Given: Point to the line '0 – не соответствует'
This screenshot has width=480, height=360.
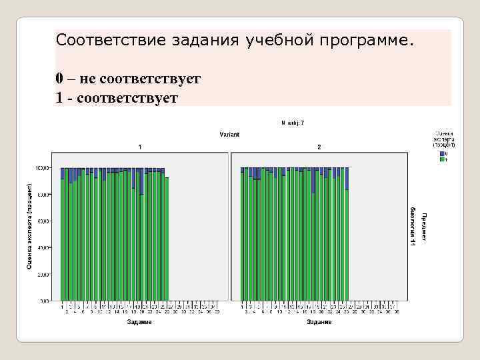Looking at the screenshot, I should pos(128,79).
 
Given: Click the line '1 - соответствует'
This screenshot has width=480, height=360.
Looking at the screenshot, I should pos(117,98).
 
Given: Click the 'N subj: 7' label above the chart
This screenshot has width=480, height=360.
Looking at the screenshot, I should pos(292,123).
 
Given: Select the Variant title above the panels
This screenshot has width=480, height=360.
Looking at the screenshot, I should pos(229,135).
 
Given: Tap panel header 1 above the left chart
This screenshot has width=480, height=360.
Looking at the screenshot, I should pos(139,146).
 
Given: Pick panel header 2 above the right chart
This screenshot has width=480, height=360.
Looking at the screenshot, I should pos(319,146).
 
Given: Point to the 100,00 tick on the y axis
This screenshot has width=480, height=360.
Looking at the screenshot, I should pos(42,168).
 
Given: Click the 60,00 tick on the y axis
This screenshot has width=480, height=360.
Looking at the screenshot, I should pos(43,221).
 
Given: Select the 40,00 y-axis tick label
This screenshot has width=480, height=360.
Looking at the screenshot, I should pos(43,248).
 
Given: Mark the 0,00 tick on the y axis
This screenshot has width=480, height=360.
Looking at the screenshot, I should pos(44,301).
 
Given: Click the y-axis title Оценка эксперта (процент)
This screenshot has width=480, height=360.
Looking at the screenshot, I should pos(29,227).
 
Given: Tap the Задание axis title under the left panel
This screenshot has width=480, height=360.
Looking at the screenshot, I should pos(139,323).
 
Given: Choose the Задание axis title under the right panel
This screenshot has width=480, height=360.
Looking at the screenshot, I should pos(319,323).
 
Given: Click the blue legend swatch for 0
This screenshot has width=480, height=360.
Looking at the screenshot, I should pos(441,154).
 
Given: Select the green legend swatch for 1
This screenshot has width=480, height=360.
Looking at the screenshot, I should pos(441,160).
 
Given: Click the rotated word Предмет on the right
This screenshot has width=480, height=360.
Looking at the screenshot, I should pos(424,227).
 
